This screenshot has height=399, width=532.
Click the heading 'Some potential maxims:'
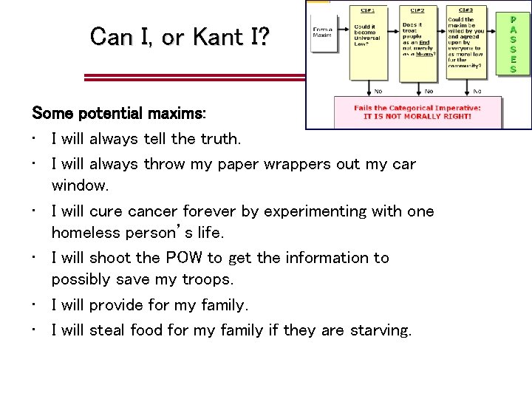click(x=119, y=114)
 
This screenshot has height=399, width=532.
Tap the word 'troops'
click(x=208, y=279)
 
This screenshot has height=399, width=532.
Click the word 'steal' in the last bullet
click(x=108, y=330)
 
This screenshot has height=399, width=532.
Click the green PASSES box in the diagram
click(x=514, y=44)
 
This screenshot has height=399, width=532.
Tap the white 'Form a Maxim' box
click(x=323, y=34)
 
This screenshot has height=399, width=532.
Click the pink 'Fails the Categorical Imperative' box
click(x=417, y=112)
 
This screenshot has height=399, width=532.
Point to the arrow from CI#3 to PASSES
click(x=494, y=44)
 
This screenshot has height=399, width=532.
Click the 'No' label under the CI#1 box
click(x=378, y=91)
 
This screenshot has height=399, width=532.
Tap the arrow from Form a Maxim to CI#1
click(x=343, y=34)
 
